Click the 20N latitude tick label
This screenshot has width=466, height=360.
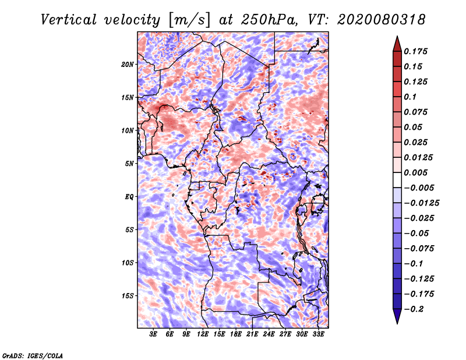pos(127,65)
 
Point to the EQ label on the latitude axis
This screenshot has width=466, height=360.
pos(129,197)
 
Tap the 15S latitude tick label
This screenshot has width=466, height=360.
pos(128,296)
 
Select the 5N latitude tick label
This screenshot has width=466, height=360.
pos(129,164)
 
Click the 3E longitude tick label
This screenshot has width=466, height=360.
pos(153,334)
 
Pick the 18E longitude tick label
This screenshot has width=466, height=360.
pos(236,334)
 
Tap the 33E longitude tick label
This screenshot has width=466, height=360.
pos(318,334)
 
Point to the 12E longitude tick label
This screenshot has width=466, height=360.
pos(203,334)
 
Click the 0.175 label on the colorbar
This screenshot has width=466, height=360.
pos(415,51)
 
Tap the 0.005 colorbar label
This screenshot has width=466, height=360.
pos(415,172)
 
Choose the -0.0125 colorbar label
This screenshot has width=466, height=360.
pos(421,203)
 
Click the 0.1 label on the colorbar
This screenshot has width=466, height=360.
pos(410,97)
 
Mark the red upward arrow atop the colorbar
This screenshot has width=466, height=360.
pos(397,44)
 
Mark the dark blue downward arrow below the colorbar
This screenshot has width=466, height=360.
pos(397,316)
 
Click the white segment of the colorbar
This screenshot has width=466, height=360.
pos(397,180)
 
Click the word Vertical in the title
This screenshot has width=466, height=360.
pos(69,20)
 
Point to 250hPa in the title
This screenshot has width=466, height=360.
pos(269,20)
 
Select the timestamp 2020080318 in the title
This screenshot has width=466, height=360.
pos(381,20)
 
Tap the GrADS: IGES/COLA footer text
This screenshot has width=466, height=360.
pos(33,355)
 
